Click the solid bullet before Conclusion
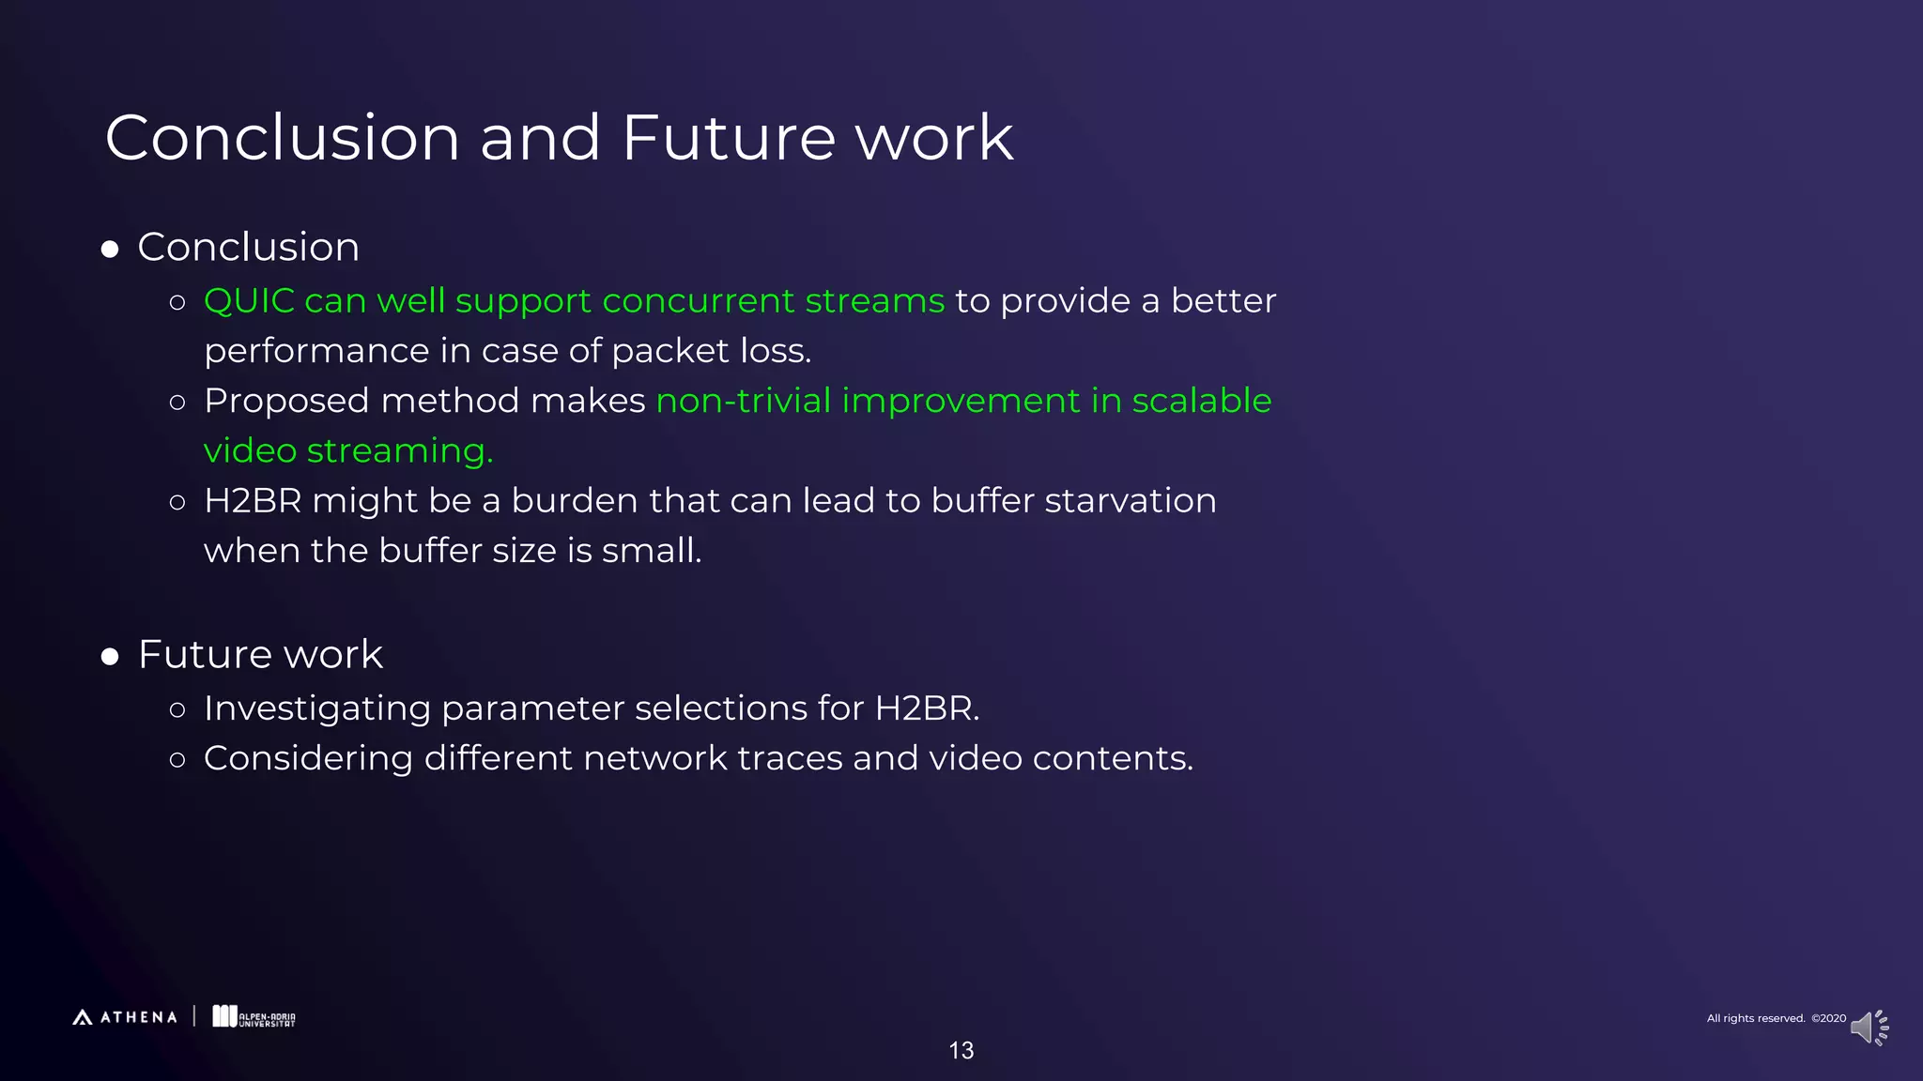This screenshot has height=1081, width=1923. pos(110,250)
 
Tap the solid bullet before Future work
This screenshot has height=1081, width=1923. pos(110,657)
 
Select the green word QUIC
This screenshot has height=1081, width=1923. pos(249,301)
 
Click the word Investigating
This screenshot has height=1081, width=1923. pos(316,709)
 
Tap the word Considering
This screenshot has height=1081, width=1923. pos(308,758)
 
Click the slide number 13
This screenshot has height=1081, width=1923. pos(961,1051)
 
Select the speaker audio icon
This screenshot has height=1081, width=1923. pos(1868,1028)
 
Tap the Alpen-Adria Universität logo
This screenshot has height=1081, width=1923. pos(254,1017)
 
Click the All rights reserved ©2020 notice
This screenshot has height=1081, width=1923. pos(1776,1018)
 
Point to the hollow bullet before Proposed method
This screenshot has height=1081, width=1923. pos(177,403)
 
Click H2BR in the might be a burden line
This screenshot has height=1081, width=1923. pos(253,501)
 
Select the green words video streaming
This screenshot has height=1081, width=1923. pos(347,451)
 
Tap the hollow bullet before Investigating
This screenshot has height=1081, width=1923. pos(177,709)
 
